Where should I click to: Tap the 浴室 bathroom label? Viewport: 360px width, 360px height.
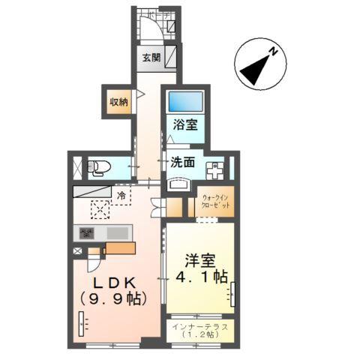point(185,124)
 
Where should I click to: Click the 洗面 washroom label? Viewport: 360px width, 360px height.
point(182,161)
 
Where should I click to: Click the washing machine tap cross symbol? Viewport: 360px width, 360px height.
point(214,169)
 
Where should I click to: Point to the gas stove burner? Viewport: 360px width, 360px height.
point(87,232)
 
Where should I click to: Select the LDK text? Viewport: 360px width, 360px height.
point(113,283)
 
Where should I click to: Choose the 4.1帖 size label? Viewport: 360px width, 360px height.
point(200,278)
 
